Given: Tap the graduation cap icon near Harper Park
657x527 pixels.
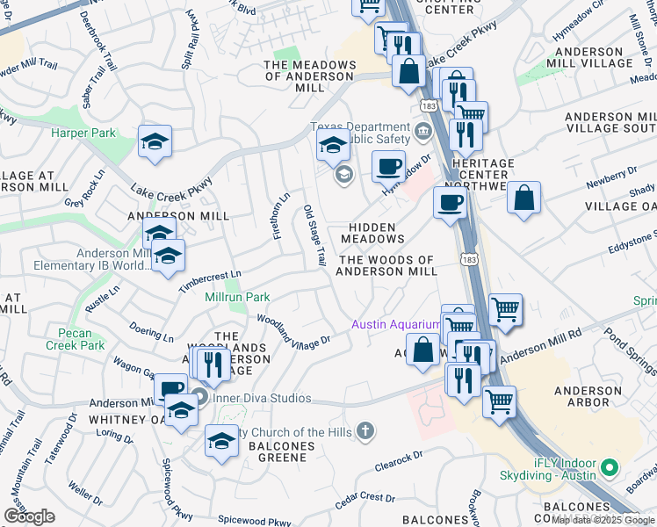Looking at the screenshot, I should [155, 143].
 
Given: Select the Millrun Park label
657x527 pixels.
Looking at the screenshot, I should [236, 298].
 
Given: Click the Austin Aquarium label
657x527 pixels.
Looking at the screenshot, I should [395, 324].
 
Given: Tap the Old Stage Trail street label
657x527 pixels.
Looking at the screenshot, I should [314, 236].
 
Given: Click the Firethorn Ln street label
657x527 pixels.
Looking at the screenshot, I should [280, 216].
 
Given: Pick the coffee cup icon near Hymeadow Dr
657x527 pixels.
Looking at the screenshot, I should [388, 165].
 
